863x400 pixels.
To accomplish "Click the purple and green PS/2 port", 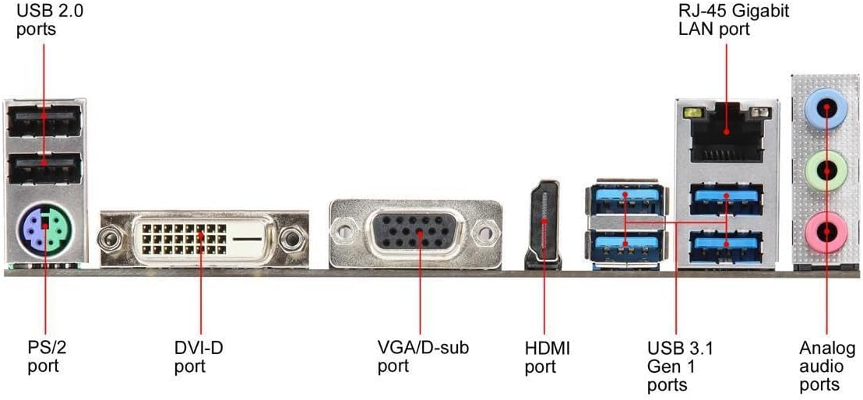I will [44, 230].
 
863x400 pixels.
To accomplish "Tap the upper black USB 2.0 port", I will [44, 121].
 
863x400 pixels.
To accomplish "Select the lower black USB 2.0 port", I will [44, 166].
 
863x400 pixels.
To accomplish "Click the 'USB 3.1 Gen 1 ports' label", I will [680, 366].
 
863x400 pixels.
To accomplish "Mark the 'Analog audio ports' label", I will [827, 366].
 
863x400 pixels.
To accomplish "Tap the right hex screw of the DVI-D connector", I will [293, 236].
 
